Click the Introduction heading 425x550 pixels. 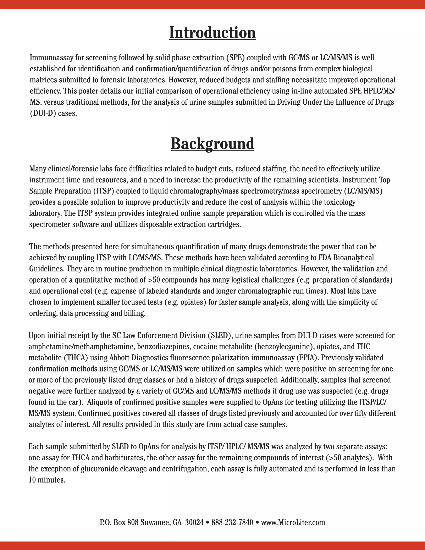tap(212, 33)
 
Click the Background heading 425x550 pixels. tap(212, 144)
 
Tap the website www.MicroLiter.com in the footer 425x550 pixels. tap(293, 522)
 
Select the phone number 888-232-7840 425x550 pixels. tap(232, 522)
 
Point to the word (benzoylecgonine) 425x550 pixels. tap(284, 347)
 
